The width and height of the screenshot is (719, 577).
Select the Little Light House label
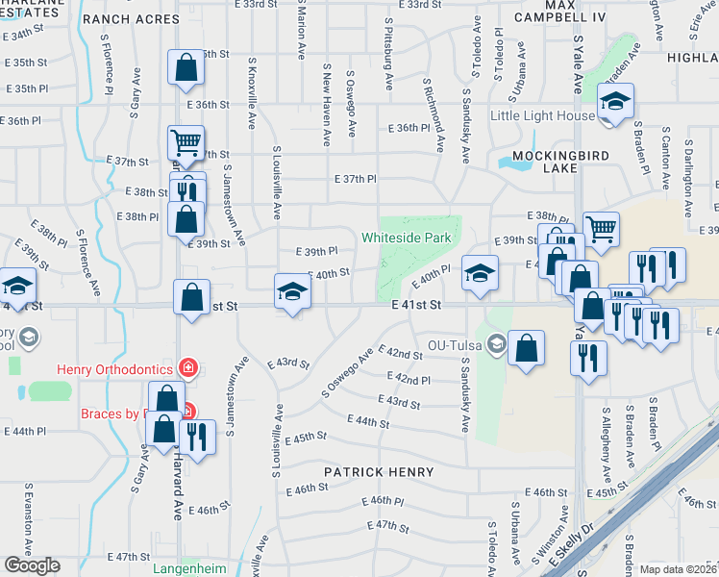point(542,116)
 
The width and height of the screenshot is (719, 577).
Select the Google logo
point(32,565)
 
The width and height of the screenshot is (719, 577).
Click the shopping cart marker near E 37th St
point(186,143)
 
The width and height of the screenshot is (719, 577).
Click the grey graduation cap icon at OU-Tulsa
point(496,343)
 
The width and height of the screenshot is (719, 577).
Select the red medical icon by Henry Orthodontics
point(188,366)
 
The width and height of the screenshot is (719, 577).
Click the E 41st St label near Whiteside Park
point(416,305)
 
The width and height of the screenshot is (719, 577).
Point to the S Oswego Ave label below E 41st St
point(346,375)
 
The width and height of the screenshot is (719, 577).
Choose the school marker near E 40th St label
point(293,291)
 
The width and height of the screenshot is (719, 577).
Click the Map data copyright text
point(678,569)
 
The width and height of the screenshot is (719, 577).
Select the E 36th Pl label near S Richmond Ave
point(409,128)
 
